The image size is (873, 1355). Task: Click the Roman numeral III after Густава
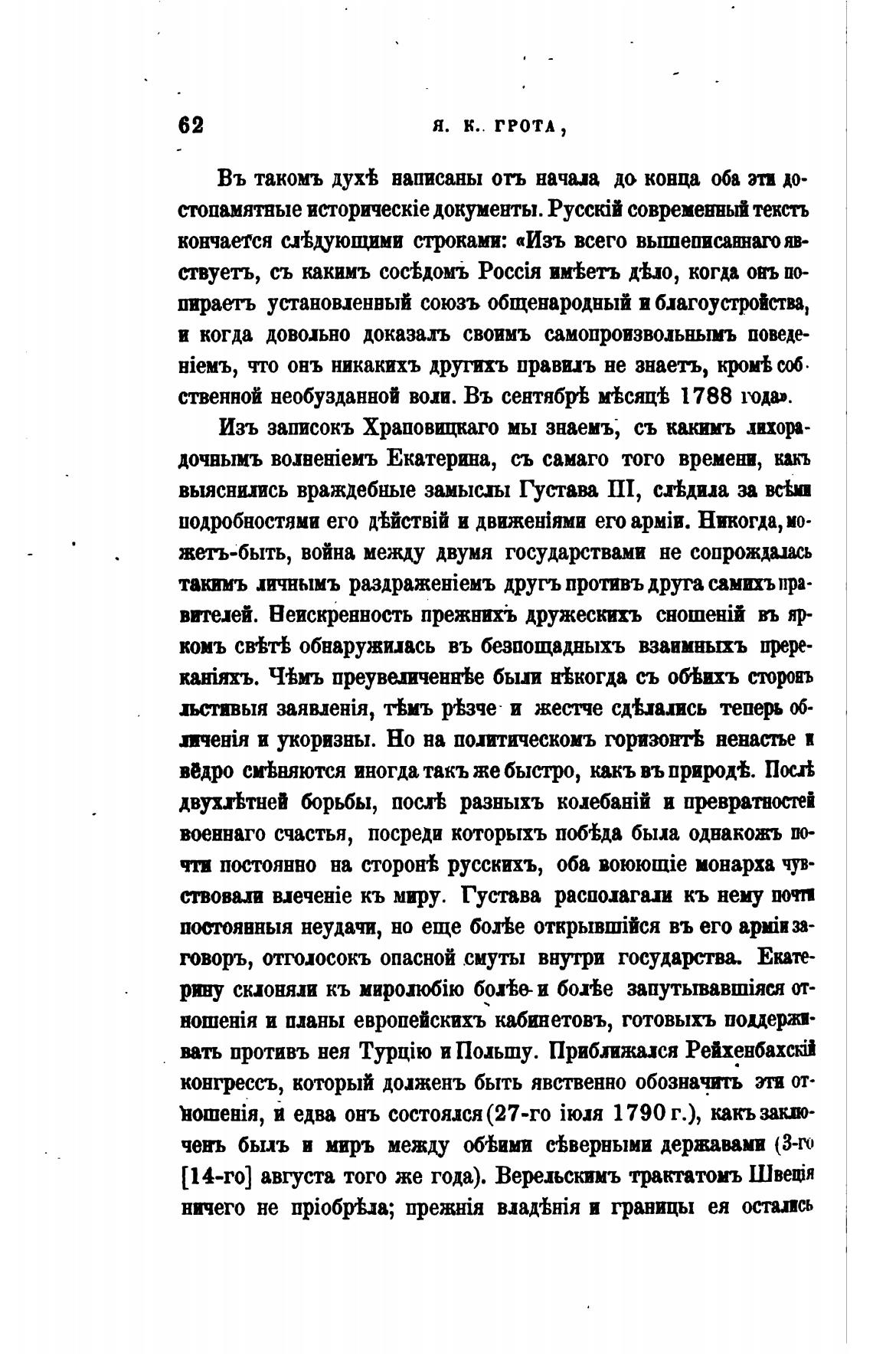click(615, 489)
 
